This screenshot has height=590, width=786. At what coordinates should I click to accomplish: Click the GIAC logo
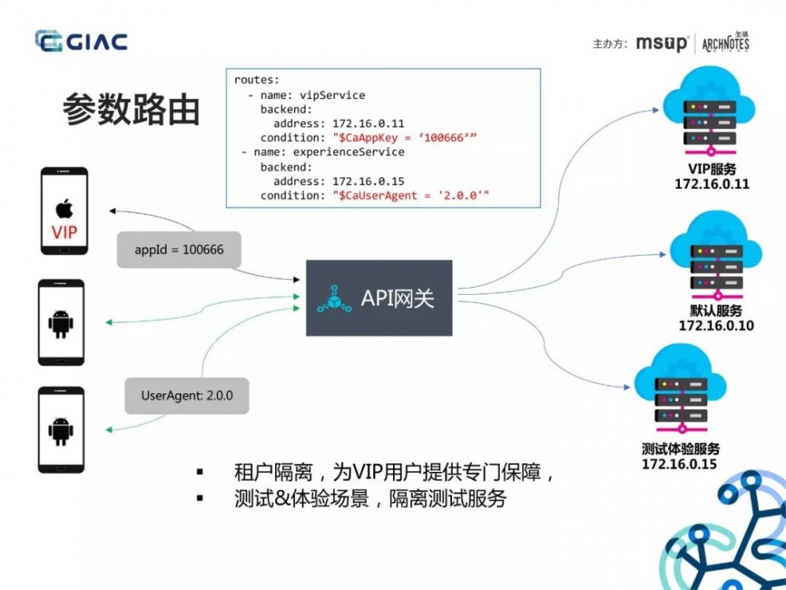[x=81, y=41]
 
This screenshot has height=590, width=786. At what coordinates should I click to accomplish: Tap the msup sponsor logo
[x=662, y=43]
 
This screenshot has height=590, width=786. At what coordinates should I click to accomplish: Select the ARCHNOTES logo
[x=725, y=42]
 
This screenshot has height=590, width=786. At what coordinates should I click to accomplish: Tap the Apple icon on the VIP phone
[x=64, y=208]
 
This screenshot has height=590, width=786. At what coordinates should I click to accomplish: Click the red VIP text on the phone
[x=64, y=233]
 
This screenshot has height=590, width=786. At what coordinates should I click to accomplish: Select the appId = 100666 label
[x=179, y=250]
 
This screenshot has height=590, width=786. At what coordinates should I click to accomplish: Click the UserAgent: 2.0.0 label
[x=187, y=395]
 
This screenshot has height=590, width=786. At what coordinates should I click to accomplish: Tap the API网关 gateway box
[x=379, y=298]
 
